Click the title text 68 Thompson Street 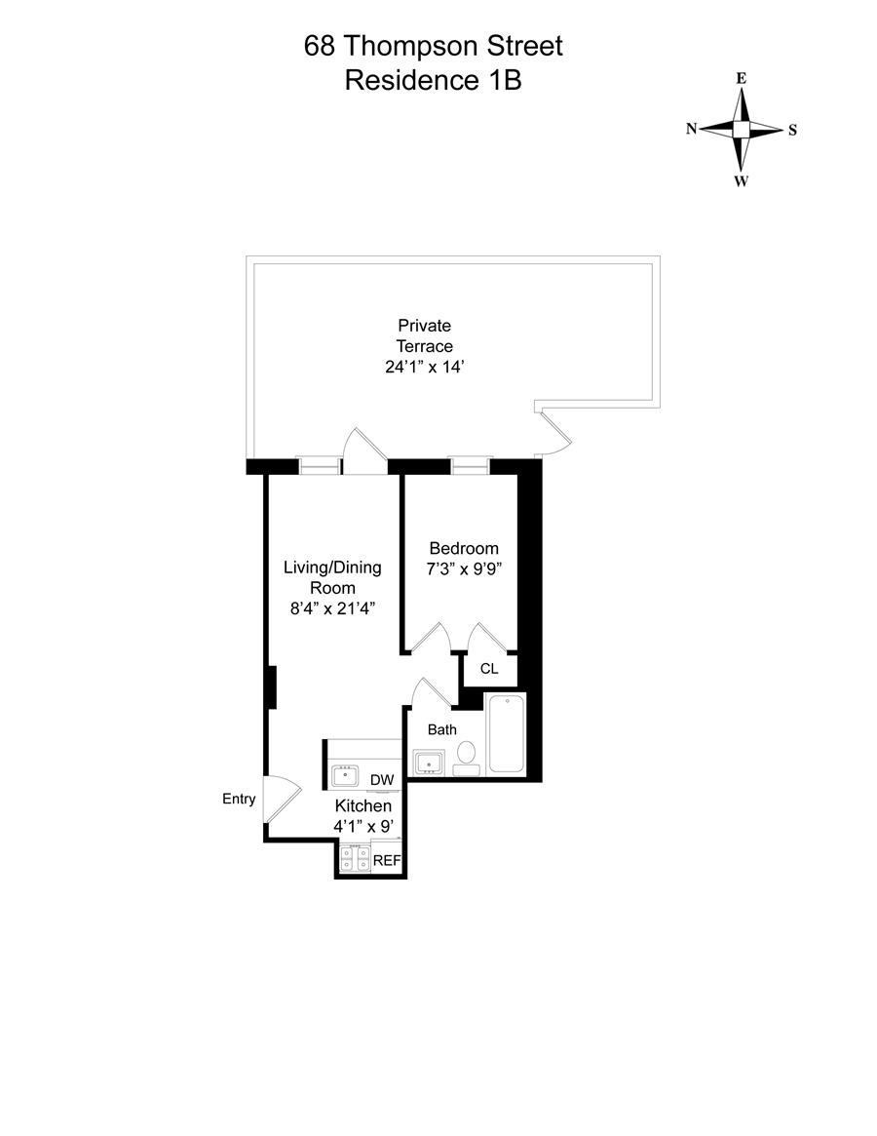point(434,46)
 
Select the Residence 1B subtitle point(434,80)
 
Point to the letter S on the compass point(792,130)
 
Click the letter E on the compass point(742,78)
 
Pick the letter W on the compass point(742,181)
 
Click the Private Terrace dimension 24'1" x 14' point(424,368)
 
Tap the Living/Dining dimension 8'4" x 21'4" point(332,608)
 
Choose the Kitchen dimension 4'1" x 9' point(363,827)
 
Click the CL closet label point(489,669)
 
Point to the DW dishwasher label point(382,780)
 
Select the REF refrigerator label point(387,861)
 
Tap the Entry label point(239,800)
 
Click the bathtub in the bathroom point(506,734)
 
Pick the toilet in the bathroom point(467,756)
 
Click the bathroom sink point(429,762)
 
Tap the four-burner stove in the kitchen point(355,858)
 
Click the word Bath point(442,728)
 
